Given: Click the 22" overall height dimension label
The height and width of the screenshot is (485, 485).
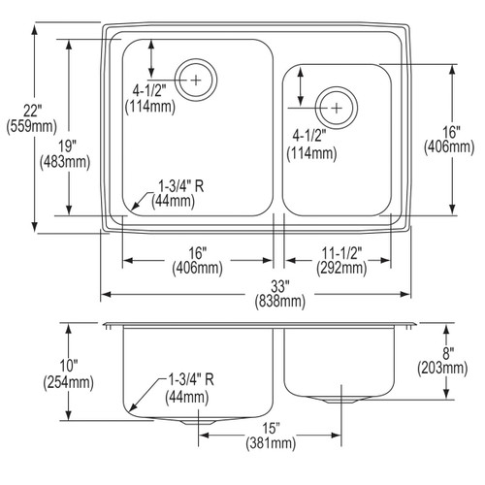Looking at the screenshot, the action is (32, 112).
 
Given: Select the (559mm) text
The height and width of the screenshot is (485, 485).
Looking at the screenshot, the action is (32, 126).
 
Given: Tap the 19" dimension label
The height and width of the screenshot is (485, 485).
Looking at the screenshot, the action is (67, 146).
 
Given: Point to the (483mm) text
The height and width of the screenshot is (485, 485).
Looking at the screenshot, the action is (65, 162).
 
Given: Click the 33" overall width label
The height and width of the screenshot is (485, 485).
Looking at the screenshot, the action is (279, 286).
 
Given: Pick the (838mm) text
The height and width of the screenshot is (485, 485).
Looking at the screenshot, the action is (280, 302).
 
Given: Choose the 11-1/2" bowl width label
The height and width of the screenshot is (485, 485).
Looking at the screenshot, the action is (341, 253).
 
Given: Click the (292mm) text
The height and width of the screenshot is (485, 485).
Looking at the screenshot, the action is (341, 268).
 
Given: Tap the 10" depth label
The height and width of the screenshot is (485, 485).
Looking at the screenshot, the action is (69, 367).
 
